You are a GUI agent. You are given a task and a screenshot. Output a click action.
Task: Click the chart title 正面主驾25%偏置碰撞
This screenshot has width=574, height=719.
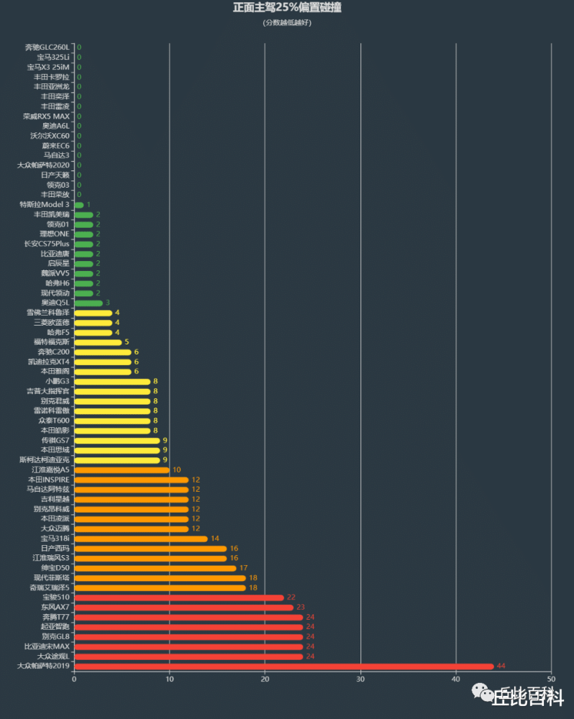tap(287, 8)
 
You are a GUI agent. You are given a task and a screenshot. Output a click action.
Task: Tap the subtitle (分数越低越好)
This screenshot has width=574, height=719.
tap(287, 22)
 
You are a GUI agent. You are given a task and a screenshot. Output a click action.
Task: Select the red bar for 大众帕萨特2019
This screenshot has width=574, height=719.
tap(283, 666)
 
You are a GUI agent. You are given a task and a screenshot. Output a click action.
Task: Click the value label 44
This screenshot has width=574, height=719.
tap(501, 666)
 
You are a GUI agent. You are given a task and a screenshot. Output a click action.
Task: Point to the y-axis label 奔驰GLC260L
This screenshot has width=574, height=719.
tap(47, 47)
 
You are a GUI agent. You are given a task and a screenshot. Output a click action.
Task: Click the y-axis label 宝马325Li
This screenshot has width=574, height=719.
tap(54, 57)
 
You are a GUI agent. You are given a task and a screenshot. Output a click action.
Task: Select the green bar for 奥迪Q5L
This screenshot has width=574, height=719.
tap(88, 303)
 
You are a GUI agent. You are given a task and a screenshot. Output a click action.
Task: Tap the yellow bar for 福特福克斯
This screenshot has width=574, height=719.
tap(98, 342)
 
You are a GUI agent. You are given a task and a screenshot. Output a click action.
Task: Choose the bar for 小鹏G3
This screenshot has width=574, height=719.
tap(112, 381)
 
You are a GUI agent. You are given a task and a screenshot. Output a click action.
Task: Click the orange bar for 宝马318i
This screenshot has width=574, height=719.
tap(141, 539)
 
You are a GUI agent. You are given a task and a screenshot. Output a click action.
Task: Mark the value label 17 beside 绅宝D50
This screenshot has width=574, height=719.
tap(244, 568)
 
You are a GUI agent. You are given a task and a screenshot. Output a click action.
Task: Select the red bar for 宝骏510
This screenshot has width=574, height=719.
tap(179, 597)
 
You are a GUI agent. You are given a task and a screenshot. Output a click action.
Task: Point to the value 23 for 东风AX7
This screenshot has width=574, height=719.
tap(301, 607)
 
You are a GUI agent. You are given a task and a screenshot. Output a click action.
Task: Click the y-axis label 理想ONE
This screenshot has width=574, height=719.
tap(54, 234)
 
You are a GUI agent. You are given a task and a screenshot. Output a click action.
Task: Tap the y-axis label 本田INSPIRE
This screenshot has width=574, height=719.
tap(49, 480)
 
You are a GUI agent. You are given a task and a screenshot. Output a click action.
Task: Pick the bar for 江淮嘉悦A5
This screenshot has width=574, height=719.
tap(122, 470)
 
